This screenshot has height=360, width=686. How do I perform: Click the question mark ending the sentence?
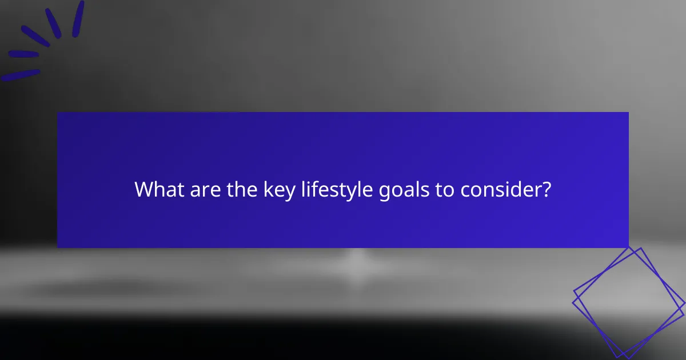tap(547, 190)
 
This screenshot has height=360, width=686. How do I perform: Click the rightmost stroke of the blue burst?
tap(78, 18)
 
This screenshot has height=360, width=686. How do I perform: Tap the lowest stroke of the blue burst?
tap(21, 75)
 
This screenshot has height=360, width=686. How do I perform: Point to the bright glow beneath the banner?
tap(357, 260)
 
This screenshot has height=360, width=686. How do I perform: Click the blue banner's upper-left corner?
tap(58, 113)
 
